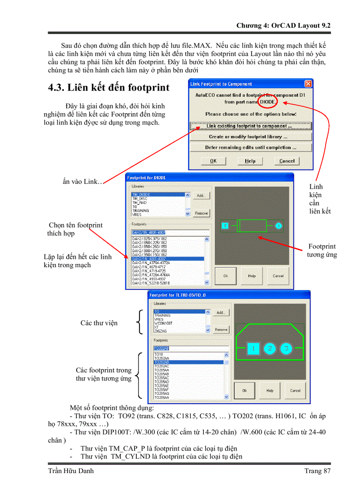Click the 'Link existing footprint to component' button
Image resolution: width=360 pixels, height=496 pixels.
250,126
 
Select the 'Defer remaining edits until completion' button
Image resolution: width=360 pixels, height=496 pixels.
250,148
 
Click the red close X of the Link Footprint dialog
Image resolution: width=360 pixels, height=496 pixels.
308,84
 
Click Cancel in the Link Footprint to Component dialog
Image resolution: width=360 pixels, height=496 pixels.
287,161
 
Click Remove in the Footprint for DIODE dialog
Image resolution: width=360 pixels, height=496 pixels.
201,213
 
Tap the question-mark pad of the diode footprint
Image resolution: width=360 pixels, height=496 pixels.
225,226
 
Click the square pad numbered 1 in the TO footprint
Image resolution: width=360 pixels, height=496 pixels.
253,349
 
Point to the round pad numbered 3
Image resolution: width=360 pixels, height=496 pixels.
286,349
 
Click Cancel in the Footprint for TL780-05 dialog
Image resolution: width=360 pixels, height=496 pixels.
295,390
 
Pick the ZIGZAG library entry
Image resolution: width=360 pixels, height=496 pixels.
159,330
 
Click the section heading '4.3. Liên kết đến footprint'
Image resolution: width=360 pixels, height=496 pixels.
109,87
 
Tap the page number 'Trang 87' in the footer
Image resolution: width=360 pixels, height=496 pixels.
317,471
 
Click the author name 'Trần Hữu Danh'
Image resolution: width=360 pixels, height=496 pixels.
71,471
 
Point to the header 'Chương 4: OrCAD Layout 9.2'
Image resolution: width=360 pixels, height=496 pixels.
283,25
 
